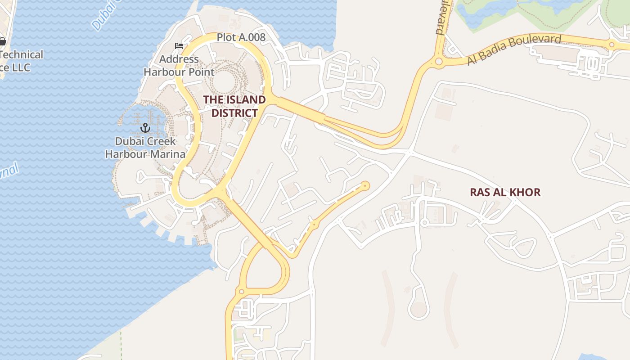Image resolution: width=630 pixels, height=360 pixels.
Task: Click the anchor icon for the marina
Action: pyautogui.click(x=145, y=128)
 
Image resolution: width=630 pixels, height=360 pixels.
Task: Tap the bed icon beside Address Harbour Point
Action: pyautogui.click(x=179, y=46)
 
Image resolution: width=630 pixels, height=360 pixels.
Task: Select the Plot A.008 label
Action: pyautogui.click(x=241, y=37)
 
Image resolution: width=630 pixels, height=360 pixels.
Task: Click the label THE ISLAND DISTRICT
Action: pyautogui.click(x=234, y=106)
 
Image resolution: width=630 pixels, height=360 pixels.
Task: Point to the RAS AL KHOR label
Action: pyautogui.click(x=505, y=193)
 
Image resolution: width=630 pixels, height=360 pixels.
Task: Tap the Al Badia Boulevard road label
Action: pyautogui.click(x=514, y=49)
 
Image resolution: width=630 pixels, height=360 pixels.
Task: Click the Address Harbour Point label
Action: pyautogui.click(x=179, y=65)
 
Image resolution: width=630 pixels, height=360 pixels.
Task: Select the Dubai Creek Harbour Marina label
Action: pyautogui.click(x=145, y=148)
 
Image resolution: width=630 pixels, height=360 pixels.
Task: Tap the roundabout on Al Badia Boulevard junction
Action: pyautogui.click(x=438, y=61)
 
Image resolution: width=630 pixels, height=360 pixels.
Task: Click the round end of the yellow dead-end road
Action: pyautogui.click(x=365, y=185)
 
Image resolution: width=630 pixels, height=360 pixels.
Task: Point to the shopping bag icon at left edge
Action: pyautogui.click(x=2, y=41)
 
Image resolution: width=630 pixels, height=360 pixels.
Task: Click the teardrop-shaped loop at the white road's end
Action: pyautogui.click(x=418, y=309)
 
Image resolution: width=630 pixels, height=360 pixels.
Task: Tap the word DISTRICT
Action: pyautogui.click(x=234, y=113)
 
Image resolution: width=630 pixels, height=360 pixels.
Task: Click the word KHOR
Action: pyautogui.click(x=526, y=193)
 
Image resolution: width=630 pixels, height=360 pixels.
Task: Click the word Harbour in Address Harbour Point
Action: pyautogui.click(x=163, y=72)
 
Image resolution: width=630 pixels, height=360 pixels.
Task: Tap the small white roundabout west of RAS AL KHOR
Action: pyautogui.click(x=424, y=222)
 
